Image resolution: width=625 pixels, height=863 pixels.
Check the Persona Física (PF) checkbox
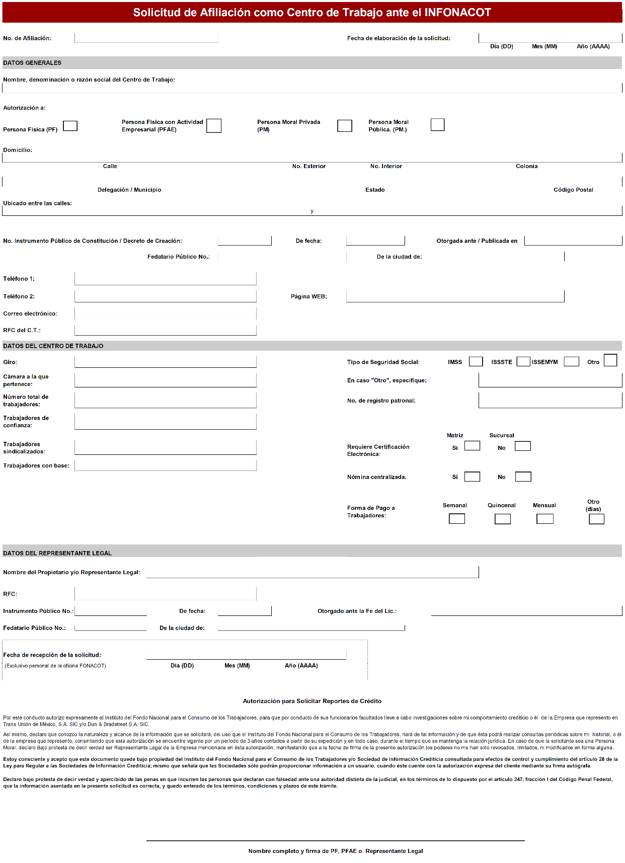pyautogui.click(x=70, y=126)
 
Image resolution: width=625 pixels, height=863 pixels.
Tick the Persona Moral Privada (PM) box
pyautogui.click(x=344, y=126)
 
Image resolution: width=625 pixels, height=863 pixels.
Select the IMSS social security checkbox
pyautogui.click(x=476, y=362)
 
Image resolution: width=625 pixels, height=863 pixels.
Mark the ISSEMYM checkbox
pyautogui.click(x=571, y=362)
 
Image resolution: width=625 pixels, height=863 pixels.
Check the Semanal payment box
pyautogui.click(x=456, y=519)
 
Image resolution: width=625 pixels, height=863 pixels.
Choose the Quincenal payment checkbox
pyautogui.click(x=502, y=519)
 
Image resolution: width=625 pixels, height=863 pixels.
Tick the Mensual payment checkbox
pyautogui.click(x=544, y=519)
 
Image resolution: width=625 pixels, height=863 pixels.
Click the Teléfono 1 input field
pyautogui.click(x=165, y=279)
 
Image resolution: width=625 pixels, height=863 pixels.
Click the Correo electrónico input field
pyautogui.click(x=165, y=313)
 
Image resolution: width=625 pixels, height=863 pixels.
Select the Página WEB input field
pyautogui.click(x=455, y=296)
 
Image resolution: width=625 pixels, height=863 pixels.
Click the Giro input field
pyautogui.click(x=165, y=362)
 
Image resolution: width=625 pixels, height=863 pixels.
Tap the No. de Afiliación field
pyautogui.click(x=146, y=38)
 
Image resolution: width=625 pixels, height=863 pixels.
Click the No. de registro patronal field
pyautogui.click(x=550, y=401)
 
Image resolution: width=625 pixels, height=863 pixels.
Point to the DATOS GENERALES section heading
pyautogui.click(x=32, y=63)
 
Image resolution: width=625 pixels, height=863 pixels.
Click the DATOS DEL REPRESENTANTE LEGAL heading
pyautogui.click(x=57, y=553)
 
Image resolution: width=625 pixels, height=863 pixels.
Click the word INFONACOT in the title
pyautogui.click(x=457, y=13)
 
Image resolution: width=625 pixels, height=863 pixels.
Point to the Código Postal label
pyautogui.click(x=573, y=190)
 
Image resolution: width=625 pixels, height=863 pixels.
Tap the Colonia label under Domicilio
pyautogui.click(x=526, y=166)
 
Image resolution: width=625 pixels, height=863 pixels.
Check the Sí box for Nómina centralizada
pyautogui.click(x=472, y=477)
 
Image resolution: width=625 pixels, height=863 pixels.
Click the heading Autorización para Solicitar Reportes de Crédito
pyautogui.click(x=312, y=701)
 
